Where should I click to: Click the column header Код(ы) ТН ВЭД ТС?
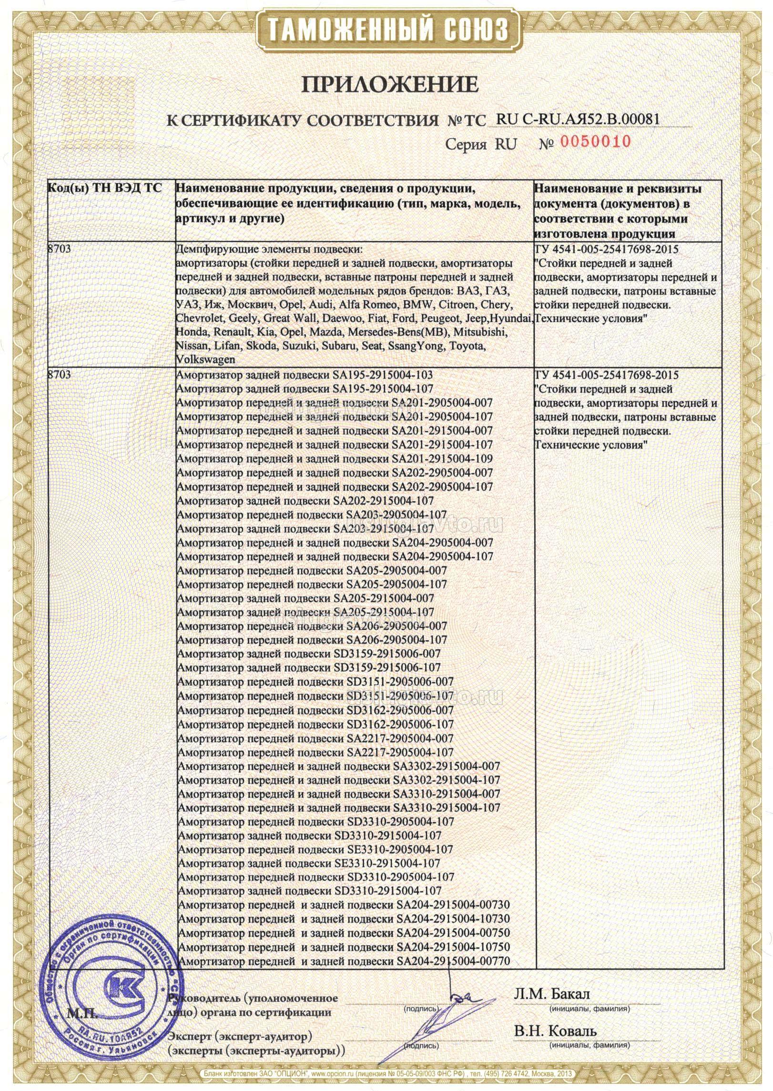pyautogui.click(x=105, y=188)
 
